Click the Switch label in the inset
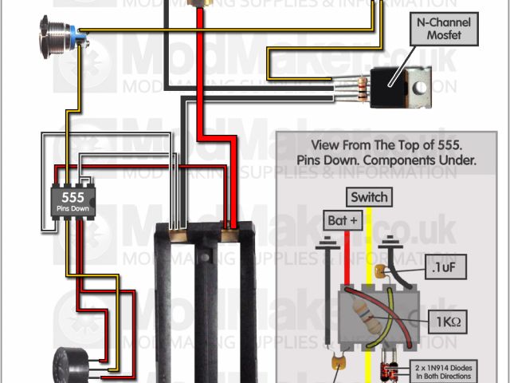click(369, 197)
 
